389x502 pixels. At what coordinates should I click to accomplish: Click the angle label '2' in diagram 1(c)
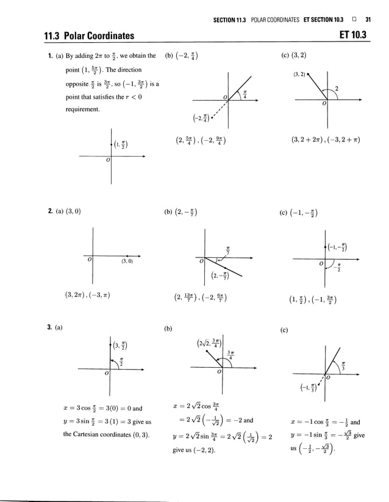pyautogui.click(x=336, y=90)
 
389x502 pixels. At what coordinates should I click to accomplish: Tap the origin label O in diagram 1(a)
pyautogui.click(x=107, y=160)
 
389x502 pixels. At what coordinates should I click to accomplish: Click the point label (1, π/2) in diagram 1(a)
pyautogui.click(x=121, y=144)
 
